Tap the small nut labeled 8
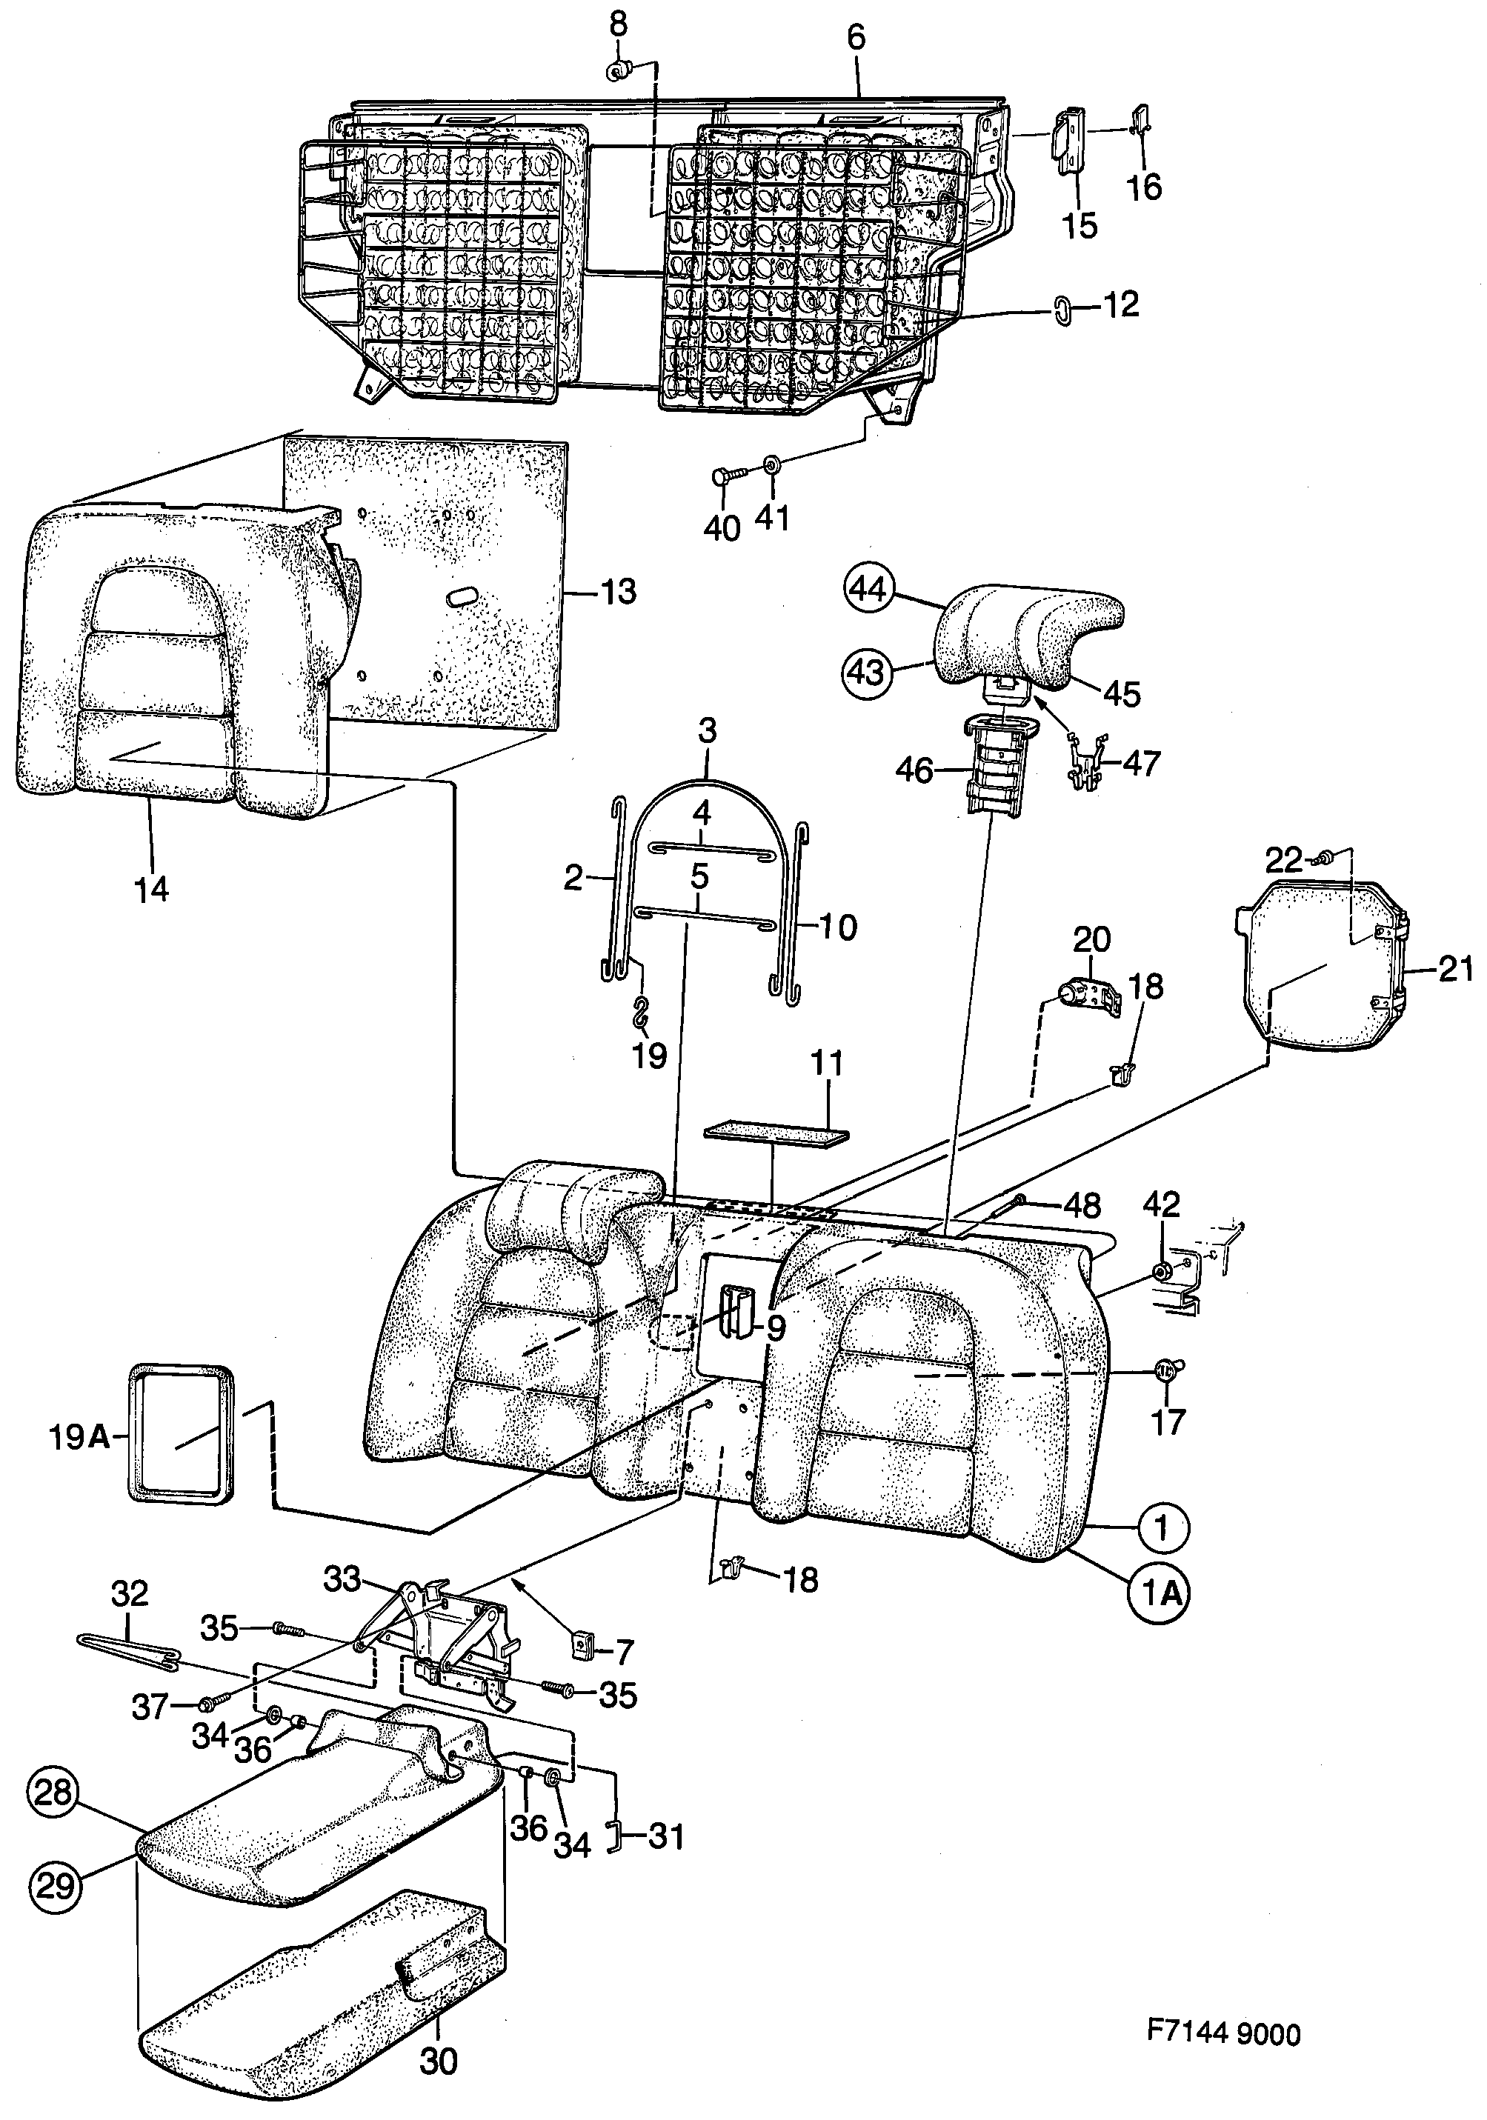click(618, 70)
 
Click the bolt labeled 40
click(726, 477)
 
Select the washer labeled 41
click(771, 464)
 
